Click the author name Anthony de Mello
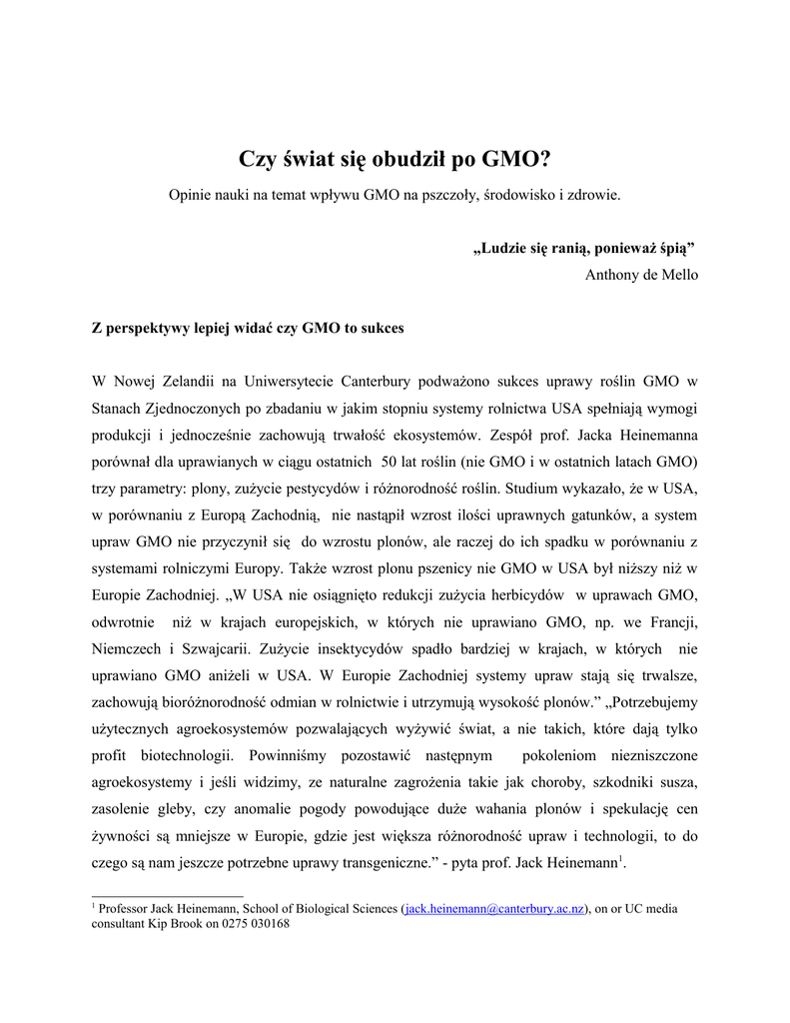[641, 275]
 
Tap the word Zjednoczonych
[190, 409]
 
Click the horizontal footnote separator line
[168, 895]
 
